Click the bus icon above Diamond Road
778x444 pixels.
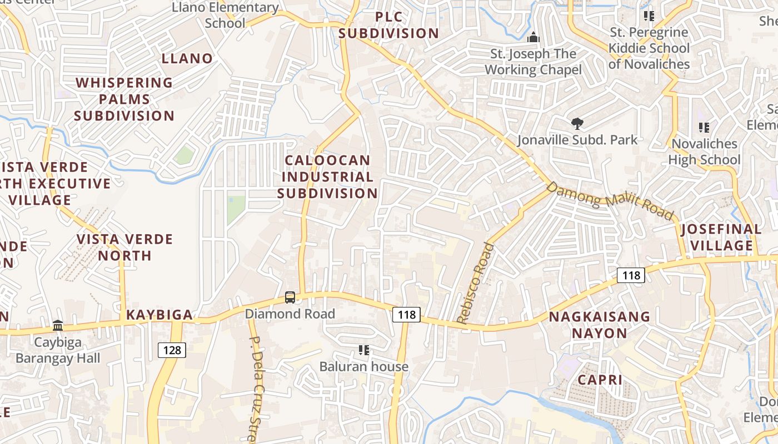tap(290, 297)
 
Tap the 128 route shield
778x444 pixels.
tap(172, 350)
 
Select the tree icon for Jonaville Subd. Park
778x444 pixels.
tap(577, 124)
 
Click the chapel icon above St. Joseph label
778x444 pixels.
tap(533, 38)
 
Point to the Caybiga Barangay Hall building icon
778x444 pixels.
tap(58, 325)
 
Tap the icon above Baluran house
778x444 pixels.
tap(364, 350)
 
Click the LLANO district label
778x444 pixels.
tap(187, 58)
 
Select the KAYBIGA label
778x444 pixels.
tap(159, 315)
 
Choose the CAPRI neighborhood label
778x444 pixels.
tap(600, 380)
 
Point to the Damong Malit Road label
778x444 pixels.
tap(610, 200)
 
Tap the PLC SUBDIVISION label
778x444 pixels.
tap(389, 25)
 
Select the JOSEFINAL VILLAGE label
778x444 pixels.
tap(721, 237)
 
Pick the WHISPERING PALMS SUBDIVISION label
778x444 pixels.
tap(124, 99)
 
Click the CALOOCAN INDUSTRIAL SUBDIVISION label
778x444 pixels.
tap(327, 176)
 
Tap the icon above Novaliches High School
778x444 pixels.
tap(704, 128)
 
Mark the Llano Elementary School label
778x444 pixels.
tap(225, 15)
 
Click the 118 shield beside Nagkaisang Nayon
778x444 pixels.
tap(631, 275)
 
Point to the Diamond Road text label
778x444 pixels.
tap(290, 314)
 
